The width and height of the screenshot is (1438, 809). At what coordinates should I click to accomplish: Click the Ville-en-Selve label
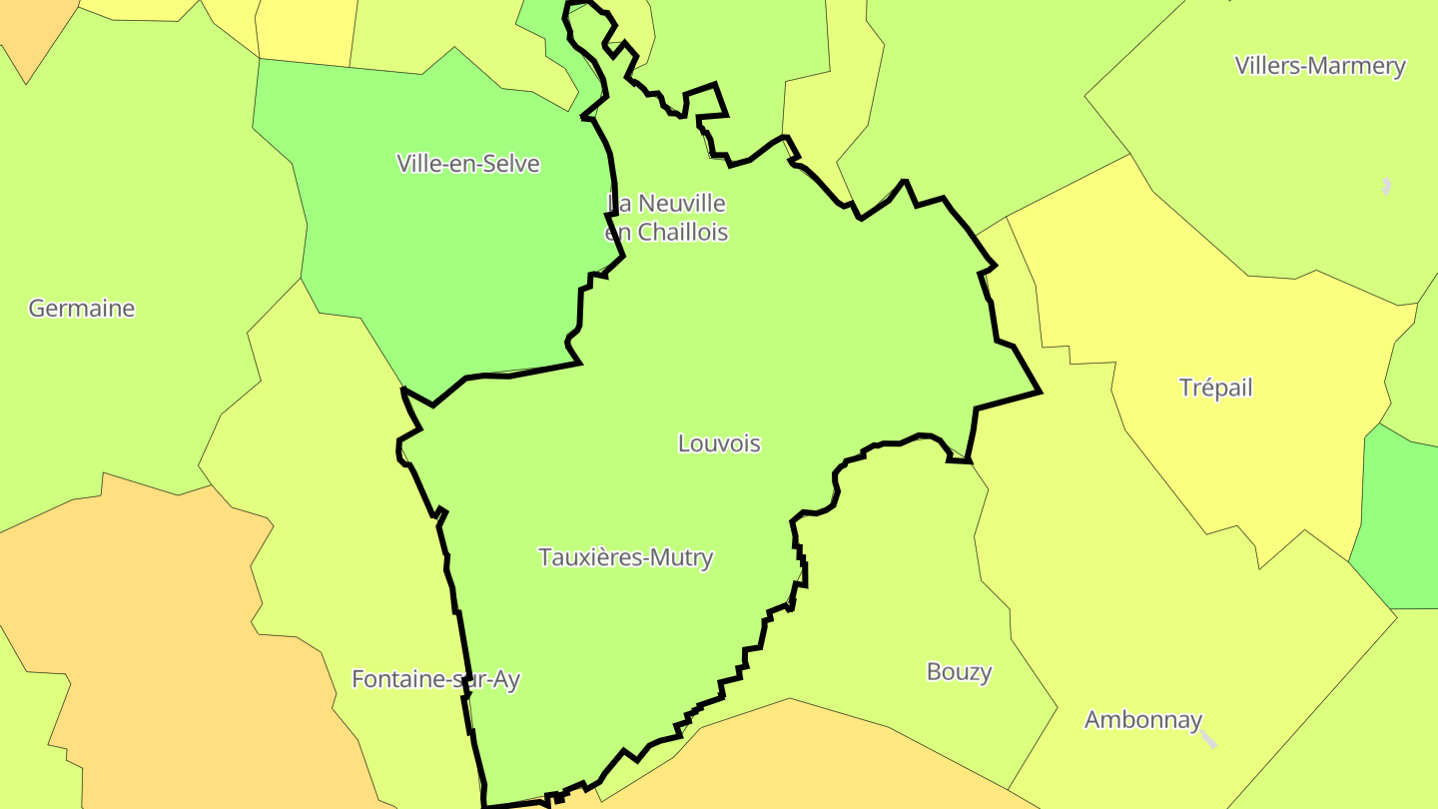click(x=467, y=164)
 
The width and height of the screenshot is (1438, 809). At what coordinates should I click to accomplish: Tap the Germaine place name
click(x=81, y=309)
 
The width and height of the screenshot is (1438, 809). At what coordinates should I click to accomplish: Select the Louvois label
click(x=719, y=443)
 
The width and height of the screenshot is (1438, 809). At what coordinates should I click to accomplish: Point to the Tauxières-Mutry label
click(x=626, y=557)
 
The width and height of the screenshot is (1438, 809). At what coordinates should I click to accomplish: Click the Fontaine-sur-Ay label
click(x=435, y=679)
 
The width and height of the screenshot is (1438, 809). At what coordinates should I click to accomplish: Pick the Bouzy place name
click(x=959, y=671)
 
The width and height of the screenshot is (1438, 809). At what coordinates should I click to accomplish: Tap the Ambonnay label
click(x=1142, y=719)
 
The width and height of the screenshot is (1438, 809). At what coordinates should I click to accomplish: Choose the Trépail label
click(x=1215, y=388)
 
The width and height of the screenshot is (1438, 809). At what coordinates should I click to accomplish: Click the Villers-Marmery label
click(x=1319, y=66)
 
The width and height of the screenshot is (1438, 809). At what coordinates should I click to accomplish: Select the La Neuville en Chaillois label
click(x=667, y=218)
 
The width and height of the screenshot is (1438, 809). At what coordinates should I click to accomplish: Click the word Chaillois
click(x=683, y=233)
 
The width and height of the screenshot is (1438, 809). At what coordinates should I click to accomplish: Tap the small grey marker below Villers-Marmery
click(x=1386, y=186)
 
